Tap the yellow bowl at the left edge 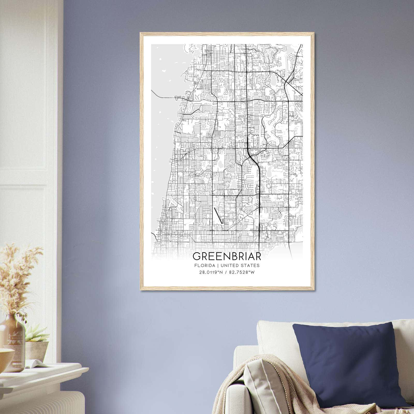(5, 356)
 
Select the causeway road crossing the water (166, 96)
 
